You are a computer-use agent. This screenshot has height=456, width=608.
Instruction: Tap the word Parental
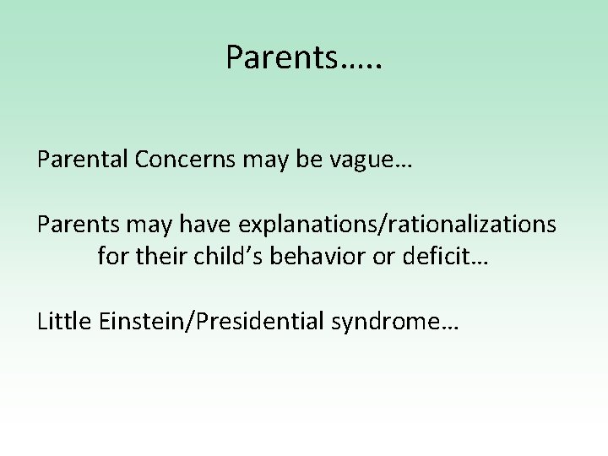click(79, 160)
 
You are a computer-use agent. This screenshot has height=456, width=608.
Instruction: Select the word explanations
click(309, 225)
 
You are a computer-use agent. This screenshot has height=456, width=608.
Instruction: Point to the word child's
click(219, 255)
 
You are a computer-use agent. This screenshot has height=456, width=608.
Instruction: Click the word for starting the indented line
click(111, 255)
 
